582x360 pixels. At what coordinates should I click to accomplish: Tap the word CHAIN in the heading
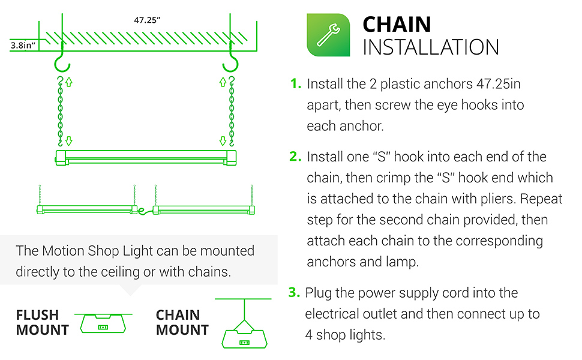(x=397, y=25)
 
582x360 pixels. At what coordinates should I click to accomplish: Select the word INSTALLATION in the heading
(x=430, y=47)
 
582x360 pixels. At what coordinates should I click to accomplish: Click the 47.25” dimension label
(x=147, y=20)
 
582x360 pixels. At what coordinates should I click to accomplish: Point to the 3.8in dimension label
(x=23, y=45)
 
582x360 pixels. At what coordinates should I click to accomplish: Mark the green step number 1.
(x=295, y=84)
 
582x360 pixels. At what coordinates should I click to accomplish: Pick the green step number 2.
(x=295, y=157)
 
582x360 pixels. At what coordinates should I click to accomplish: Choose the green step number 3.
(x=294, y=293)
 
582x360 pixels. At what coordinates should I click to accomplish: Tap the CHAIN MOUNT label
(x=182, y=322)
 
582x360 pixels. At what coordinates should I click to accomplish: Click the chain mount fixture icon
(x=244, y=333)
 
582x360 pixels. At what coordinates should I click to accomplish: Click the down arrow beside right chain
(x=223, y=142)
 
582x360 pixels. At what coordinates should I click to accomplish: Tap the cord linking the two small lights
(x=143, y=211)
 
